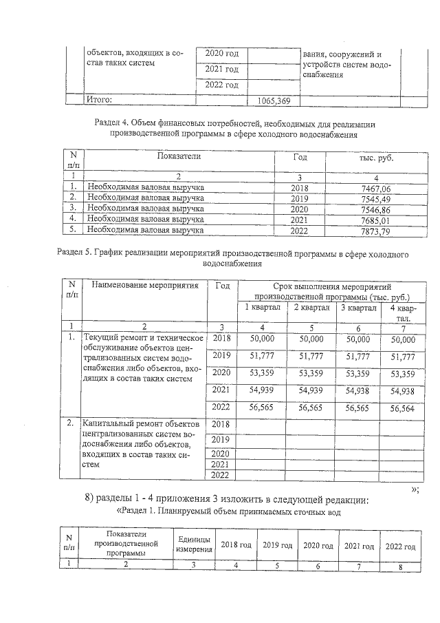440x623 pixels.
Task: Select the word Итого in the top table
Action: tap(99, 101)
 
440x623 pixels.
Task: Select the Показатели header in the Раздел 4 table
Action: tap(179, 156)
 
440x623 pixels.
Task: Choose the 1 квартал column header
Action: tap(263, 308)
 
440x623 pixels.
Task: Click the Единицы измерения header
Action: tap(195, 545)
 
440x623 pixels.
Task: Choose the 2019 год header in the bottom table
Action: tap(277, 546)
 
